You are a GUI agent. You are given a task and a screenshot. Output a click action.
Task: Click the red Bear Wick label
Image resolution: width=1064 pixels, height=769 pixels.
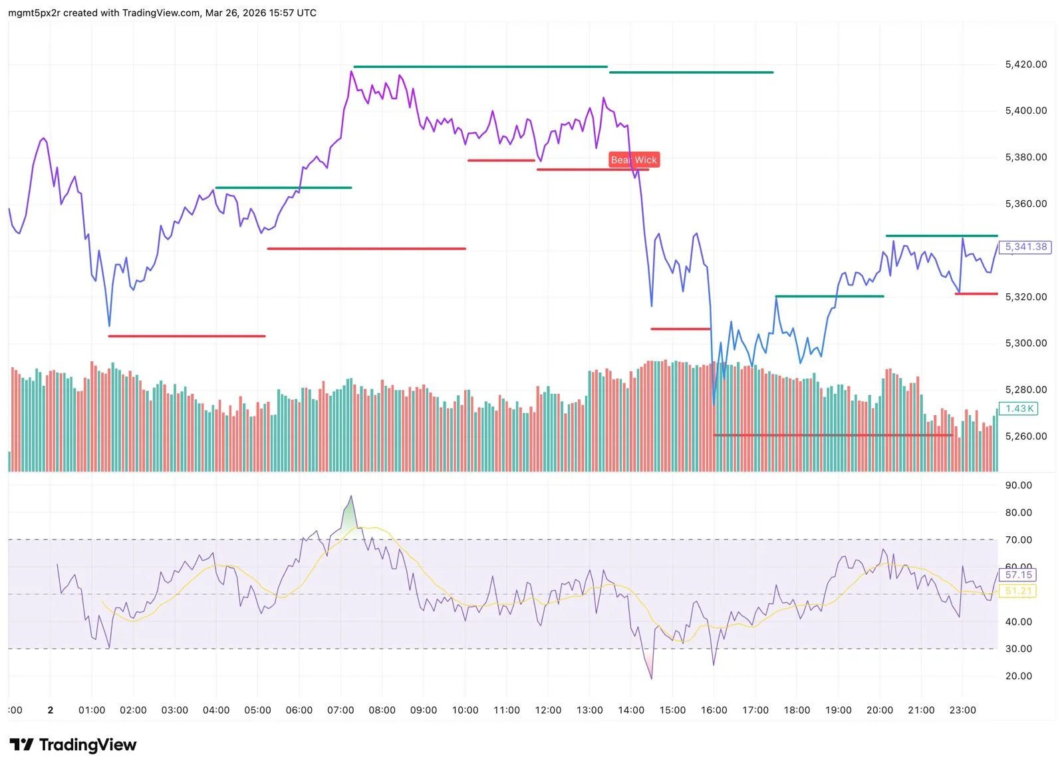coord(634,160)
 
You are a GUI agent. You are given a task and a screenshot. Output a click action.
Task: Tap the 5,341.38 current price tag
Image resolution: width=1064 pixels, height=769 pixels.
coord(1025,247)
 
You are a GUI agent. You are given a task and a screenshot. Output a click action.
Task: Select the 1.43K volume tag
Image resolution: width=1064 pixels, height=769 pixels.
coord(1019,408)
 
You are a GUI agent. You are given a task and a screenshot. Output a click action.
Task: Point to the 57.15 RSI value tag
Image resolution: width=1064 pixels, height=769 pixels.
coord(1018,575)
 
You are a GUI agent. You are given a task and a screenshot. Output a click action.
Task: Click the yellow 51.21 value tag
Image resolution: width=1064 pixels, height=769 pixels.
coord(1018,591)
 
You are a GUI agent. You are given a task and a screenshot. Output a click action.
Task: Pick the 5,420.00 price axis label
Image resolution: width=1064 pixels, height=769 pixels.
coord(1025,65)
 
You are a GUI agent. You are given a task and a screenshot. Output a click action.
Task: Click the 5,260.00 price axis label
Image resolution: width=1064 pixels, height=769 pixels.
coord(1025,436)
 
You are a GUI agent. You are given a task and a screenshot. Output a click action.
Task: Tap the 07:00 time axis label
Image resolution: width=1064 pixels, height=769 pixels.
coord(340,710)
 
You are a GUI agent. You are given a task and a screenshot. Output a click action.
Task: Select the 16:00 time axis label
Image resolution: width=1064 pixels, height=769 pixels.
coord(714,710)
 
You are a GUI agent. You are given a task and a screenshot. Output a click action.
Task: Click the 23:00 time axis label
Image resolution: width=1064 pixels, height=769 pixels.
coord(962,710)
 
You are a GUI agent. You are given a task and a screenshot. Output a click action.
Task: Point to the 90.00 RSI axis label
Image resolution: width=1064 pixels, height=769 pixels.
coord(1018,486)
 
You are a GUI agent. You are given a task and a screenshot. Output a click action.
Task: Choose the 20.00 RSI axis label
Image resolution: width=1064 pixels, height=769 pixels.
coord(1018,676)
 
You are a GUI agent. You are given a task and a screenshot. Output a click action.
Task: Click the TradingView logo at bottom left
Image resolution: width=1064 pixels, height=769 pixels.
coord(73,744)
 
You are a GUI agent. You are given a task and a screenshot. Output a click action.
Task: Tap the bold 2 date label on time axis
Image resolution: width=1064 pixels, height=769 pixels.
coord(51,710)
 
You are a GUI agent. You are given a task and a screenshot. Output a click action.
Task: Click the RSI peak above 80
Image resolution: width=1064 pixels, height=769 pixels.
coord(351,496)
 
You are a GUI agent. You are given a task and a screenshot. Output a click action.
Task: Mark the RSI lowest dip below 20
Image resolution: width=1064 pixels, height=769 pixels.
coord(651,678)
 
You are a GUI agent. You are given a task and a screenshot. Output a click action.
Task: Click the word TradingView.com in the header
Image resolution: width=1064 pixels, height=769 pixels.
coord(161,13)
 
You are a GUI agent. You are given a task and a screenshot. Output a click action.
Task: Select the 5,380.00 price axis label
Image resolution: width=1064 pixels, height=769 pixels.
coord(1025,158)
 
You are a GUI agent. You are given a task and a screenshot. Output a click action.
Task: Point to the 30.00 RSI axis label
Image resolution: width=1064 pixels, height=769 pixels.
coord(1018,649)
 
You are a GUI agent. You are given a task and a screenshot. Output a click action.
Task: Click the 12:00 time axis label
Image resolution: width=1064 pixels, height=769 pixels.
coord(548,710)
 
